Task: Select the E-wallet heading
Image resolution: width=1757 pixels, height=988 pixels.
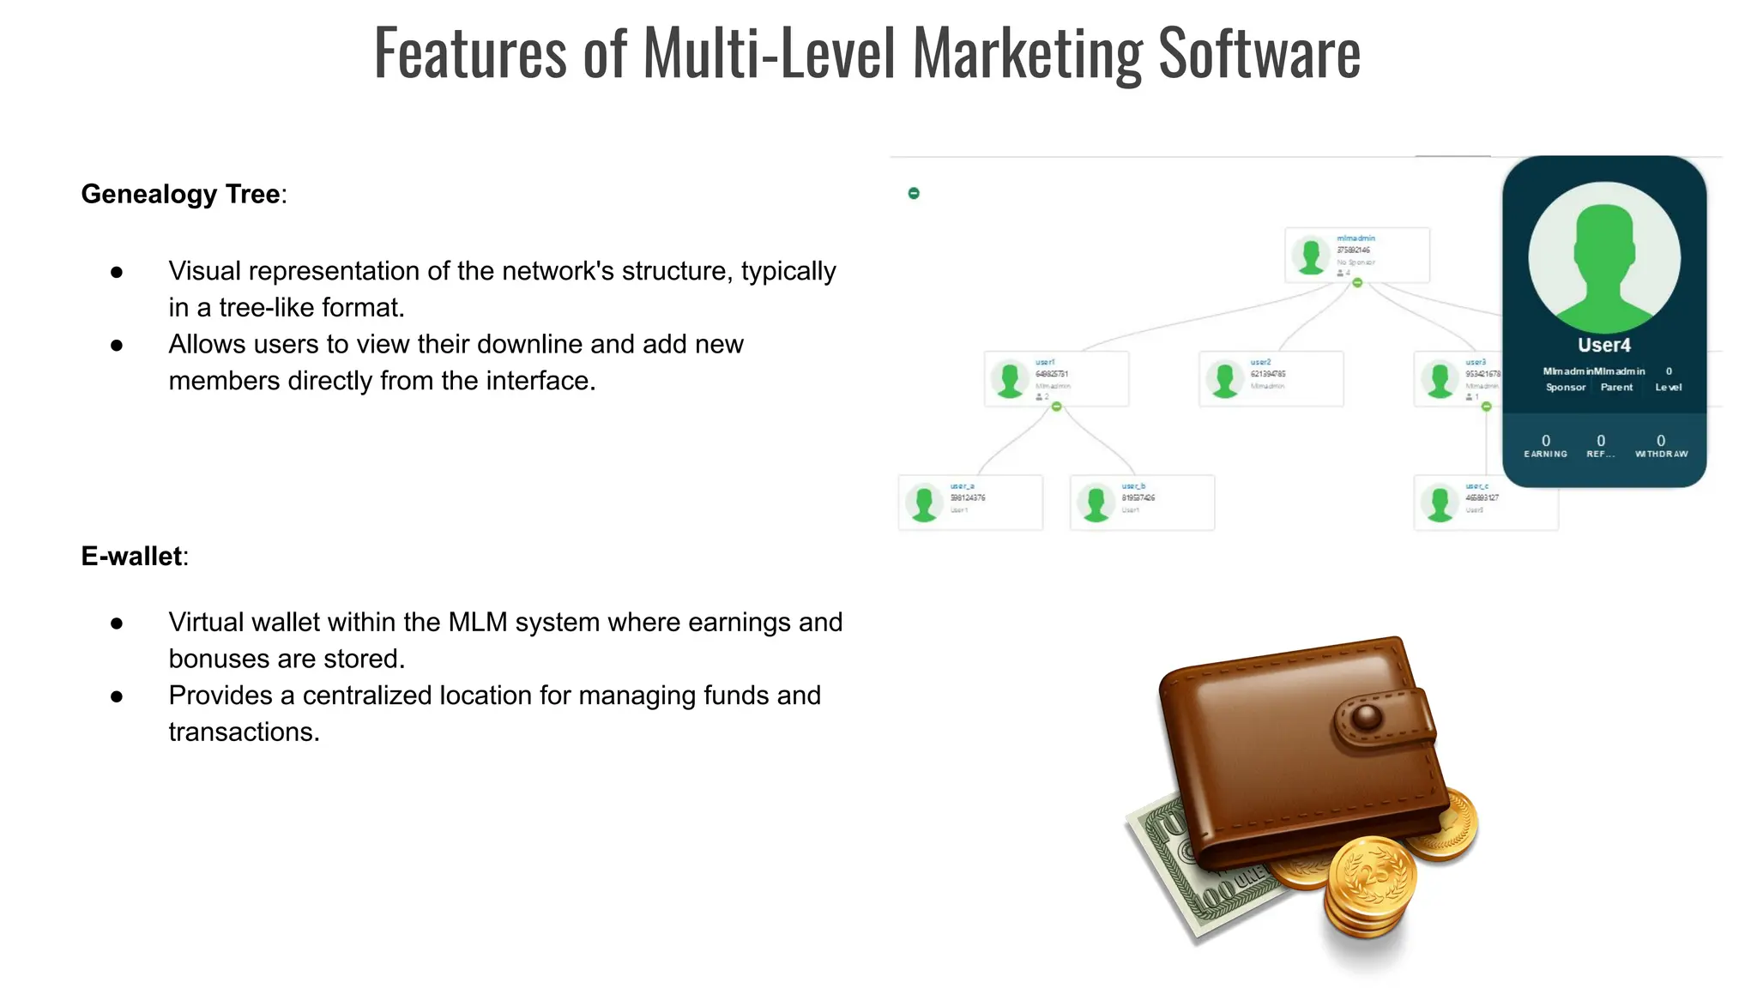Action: tap(131, 557)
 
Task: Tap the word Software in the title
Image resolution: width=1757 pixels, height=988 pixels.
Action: tap(1259, 53)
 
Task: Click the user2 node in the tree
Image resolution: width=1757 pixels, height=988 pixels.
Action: tap(1271, 378)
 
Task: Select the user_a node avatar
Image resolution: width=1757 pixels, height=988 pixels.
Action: tap(924, 503)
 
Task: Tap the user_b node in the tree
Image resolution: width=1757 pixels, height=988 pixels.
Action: tap(1142, 503)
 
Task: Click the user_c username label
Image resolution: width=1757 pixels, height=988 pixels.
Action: tap(1476, 486)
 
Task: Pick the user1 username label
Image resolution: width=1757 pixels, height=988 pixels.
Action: tap(1045, 363)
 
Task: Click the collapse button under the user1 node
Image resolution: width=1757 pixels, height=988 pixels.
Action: tap(1057, 407)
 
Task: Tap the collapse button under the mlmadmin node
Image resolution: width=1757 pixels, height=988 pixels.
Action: tap(1357, 283)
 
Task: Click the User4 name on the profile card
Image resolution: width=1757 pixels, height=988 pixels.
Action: tap(1603, 346)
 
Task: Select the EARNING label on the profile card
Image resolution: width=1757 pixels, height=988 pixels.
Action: tap(1545, 455)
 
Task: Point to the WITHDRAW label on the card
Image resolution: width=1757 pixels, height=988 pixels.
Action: tap(1661, 455)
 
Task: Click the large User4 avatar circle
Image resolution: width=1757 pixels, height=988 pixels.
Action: tap(1603, 257)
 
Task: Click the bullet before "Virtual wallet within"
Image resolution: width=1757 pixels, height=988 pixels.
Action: tap(117, 624)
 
